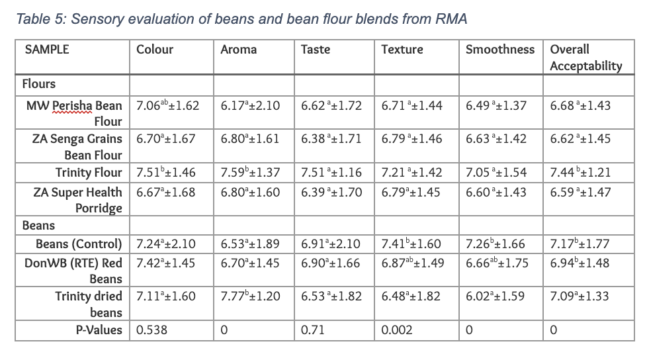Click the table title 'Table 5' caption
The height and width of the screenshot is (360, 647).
coord(241,19)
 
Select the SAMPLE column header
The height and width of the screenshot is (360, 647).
coord(47,50)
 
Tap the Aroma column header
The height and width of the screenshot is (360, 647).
coord(239,50)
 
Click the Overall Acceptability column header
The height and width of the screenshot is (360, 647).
coord(586,58)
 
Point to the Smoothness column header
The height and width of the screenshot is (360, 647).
coord(499,50)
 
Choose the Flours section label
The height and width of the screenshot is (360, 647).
coord(39,84)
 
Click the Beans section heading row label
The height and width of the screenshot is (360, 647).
coord(38,226)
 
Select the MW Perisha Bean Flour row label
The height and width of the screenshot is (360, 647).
coord(74,113)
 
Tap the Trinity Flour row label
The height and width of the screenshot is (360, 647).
coord(89,173)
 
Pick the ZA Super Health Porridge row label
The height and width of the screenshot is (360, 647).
coord(77,200)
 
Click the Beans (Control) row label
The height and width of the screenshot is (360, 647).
coord(79,244)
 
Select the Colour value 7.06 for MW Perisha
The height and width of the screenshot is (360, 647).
coord(167,106)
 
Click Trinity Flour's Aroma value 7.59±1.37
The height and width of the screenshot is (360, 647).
coord(250,173)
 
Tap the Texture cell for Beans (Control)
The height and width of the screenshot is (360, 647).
coord(411,244)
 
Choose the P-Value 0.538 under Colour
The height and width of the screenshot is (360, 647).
coord(151,330)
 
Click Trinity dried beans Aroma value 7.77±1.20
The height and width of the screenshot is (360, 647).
coord(250,296)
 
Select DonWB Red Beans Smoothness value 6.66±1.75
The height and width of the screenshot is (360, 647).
coord(497,263)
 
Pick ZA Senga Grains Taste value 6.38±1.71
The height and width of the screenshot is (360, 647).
coord(331,139)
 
